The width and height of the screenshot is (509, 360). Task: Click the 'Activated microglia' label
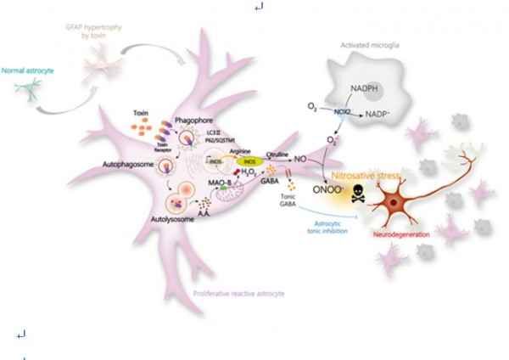tap(370, 45)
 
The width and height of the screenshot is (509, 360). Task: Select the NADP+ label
tap(383, 113)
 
